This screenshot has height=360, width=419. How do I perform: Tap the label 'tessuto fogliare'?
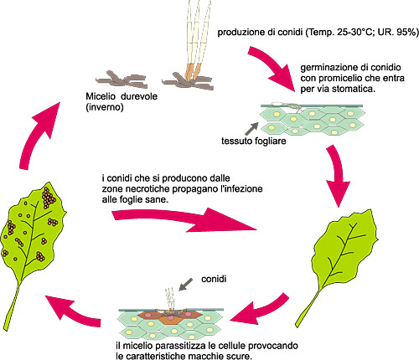254,141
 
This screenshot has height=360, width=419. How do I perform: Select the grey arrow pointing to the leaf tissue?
251,129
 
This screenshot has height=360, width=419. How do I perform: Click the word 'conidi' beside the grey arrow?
214,279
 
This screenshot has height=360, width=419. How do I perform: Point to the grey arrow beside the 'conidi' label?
185,285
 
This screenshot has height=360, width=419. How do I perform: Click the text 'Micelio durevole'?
122,96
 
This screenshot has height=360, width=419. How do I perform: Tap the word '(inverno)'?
105,107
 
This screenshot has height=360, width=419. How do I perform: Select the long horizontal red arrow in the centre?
184,219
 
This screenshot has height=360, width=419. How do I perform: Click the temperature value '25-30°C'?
355,33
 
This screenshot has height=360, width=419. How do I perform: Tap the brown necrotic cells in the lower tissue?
169,316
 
